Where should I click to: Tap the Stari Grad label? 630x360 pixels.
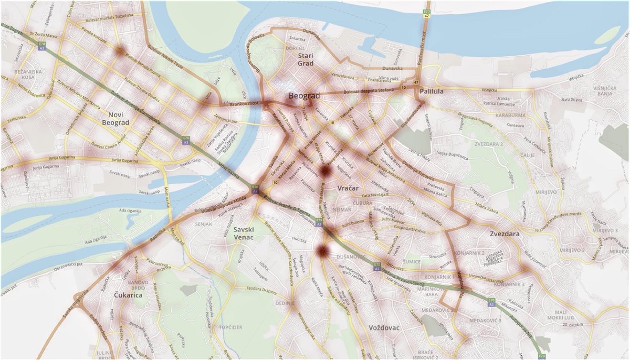(x=305, y=59)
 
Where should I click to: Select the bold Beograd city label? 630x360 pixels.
(x=304, y=96)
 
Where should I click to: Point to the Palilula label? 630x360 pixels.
(x=431, y=91)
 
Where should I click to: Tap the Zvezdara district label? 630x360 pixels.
(x=503, y=234)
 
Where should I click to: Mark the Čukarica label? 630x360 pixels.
(x=128, y=295)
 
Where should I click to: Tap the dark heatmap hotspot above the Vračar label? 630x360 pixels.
(x=325, y=171)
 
